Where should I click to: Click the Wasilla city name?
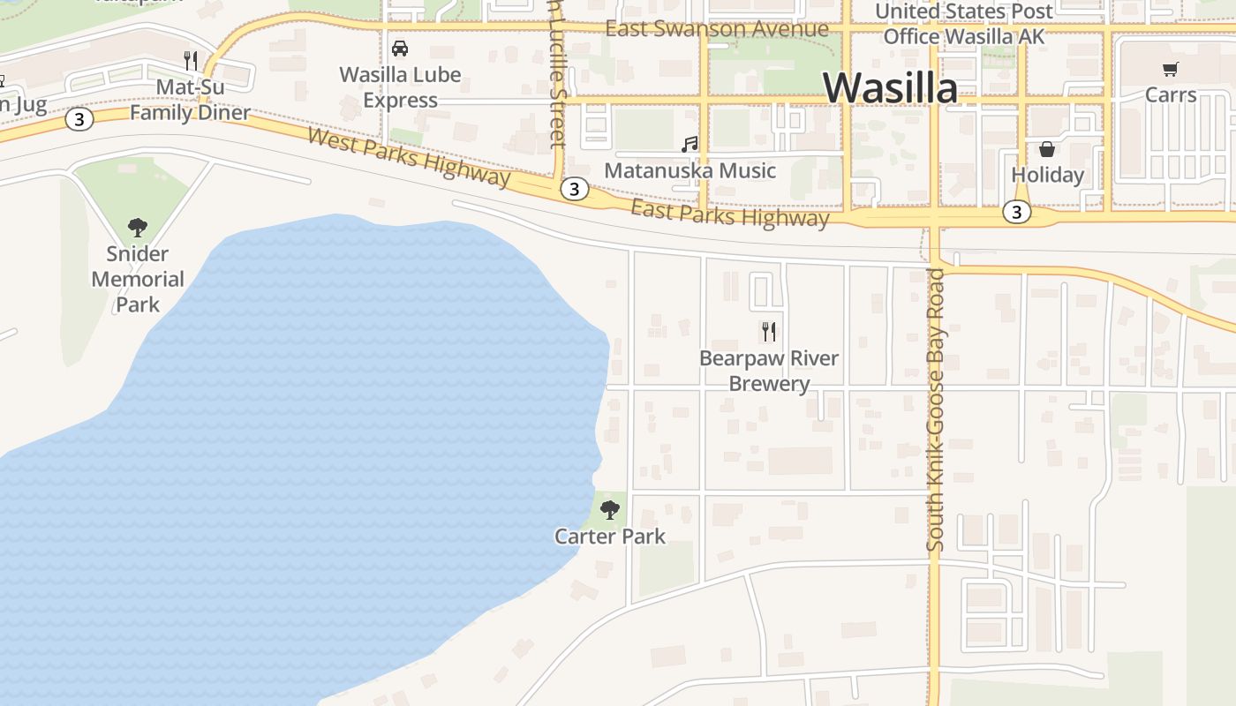(x=890, y=87)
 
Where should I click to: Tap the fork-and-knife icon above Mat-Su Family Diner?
(x=191, y=61)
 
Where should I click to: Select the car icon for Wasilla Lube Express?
(x=400, y=49)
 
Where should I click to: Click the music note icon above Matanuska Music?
(x=690, y=144)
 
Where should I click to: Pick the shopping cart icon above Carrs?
(x=1171, y=69)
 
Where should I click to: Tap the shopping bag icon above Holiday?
(x=1047, y=149)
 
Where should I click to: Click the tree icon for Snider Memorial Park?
(x=137, y=228)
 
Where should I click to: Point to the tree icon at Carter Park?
(x=609, y=509)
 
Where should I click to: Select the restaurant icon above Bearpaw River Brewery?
(x=769, y=332)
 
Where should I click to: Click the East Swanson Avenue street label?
(x=717, y=29)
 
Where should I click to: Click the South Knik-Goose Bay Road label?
(x=936, y=410)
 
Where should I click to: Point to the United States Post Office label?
(x=964, y=24)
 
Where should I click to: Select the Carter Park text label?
(x=610, y=536)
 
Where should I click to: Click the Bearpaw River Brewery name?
(x=769, y=371)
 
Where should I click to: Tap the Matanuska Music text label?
(x=690, y=170)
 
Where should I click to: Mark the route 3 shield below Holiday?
(x=1017, y=212)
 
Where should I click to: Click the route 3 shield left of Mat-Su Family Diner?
(x=79, y=119)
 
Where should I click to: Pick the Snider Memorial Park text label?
(x=138, y=279)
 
